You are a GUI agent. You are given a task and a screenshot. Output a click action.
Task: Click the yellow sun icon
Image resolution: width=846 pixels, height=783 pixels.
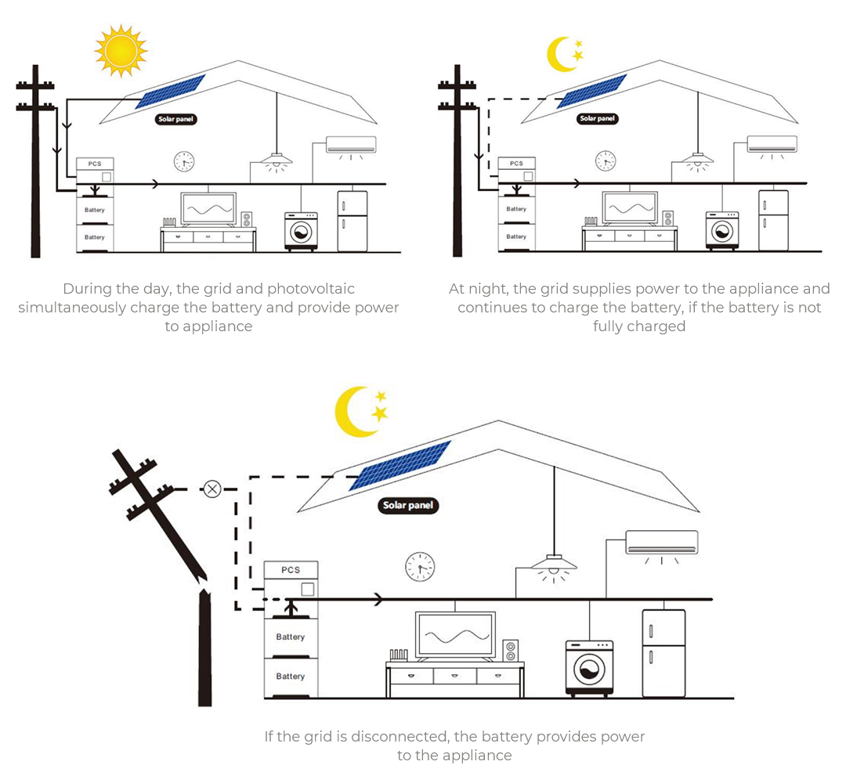[x=121, y=51]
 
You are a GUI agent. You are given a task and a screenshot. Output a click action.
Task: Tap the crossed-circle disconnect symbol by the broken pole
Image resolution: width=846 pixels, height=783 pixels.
[x=212, y=489]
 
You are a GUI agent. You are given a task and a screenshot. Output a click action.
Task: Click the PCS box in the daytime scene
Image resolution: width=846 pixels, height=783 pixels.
[x=95, y=171]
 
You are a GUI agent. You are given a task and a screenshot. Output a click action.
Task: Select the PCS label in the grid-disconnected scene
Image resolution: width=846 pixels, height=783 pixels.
[x=291, y=569]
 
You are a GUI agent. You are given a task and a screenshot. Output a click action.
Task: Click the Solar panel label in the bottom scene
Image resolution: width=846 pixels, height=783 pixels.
[x=408, y=505]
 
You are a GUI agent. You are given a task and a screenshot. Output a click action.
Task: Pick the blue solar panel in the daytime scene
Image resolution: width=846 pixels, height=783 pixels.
[x=171, y=92]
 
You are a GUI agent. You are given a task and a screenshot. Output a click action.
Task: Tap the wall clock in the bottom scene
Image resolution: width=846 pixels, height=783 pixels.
[x=420, y=567]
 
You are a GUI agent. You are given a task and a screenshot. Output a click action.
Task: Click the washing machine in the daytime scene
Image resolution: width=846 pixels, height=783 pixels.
[x=301, y=231]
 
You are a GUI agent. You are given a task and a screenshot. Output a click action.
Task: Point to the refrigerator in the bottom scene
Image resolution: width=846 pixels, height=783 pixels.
[x=663, y=653]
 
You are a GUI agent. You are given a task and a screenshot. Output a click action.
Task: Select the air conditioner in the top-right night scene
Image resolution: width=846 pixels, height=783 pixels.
[x=772, y=145]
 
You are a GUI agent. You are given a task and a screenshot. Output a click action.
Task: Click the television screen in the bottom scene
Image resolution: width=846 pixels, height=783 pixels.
[x=455, y=634]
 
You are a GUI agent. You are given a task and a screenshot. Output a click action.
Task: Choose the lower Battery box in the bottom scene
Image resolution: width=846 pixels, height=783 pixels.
[x=291, y=677]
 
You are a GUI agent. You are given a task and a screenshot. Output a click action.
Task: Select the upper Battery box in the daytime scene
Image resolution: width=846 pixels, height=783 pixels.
[x=95, y=211]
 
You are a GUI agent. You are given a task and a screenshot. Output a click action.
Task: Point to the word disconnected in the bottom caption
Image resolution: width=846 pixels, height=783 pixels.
[x=399, y=737]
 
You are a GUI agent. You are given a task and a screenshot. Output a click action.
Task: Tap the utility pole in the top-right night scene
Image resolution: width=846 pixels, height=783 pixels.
[x=457, y=161]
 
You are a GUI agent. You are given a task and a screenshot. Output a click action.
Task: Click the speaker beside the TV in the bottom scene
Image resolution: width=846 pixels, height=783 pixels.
[x=511, y=651]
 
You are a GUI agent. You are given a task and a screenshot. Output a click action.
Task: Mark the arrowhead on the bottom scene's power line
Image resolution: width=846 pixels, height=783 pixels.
[x=379, y=599]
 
